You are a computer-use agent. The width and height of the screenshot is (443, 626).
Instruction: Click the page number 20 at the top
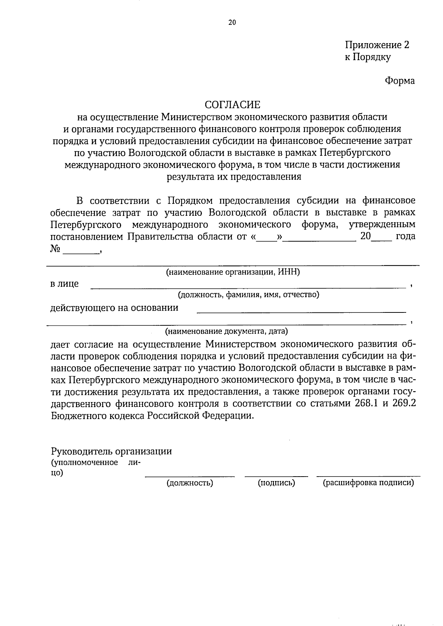232,23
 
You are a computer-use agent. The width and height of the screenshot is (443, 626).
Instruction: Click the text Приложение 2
377,45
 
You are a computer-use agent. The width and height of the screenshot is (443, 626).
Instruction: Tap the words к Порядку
367,57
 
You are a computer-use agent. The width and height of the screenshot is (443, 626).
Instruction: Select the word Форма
400,81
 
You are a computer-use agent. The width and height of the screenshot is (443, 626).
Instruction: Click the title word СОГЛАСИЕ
233,105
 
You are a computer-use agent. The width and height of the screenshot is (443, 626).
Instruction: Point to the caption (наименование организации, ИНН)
233,273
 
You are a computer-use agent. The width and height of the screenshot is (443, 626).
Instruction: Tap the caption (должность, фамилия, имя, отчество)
248,295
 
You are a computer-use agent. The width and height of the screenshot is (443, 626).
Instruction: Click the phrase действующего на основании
114,308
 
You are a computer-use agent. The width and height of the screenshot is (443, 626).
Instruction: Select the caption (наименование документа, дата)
226,331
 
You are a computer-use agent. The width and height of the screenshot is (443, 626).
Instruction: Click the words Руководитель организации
111,451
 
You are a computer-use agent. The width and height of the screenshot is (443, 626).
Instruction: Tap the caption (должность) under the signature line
190,483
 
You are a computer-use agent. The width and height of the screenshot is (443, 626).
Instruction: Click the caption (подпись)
276,483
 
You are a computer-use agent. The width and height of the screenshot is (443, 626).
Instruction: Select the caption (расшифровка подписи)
368,483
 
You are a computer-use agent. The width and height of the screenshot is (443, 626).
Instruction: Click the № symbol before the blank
55,249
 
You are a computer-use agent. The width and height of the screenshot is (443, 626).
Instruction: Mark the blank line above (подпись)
276,476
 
